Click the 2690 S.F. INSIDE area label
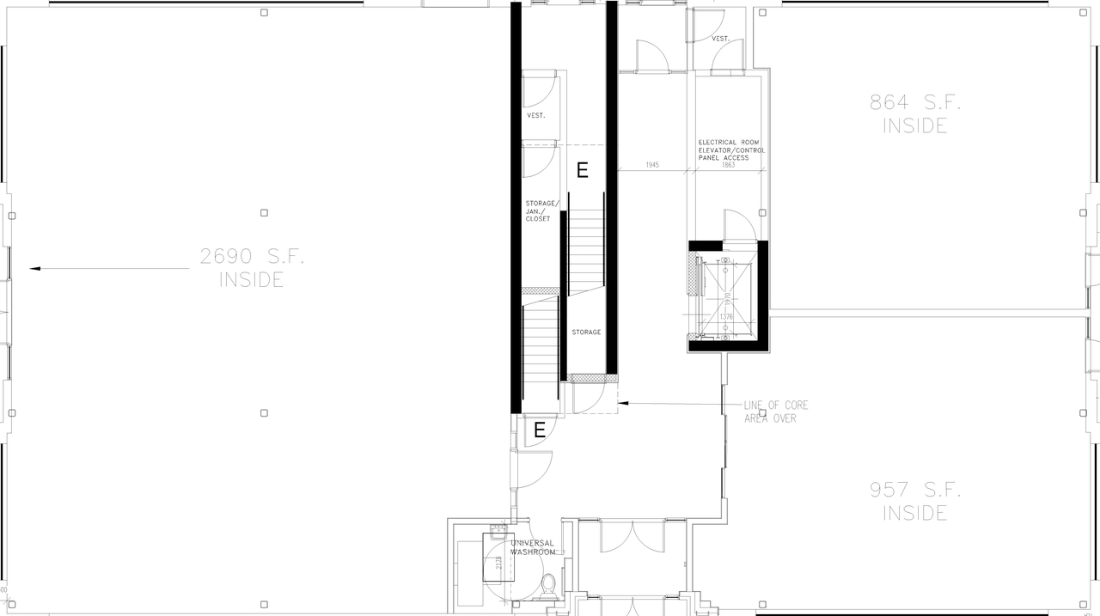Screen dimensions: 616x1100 (253, 267)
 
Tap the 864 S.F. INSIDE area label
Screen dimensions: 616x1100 (914, 114)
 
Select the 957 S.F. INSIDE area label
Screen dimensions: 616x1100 (914, 502)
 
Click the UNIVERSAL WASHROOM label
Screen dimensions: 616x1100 (533, 547)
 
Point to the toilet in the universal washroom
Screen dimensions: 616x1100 (548, 586)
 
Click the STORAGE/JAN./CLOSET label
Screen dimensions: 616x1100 (542, 211)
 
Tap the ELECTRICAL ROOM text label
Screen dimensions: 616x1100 (728, 142)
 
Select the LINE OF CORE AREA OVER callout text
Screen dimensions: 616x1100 (775, 412)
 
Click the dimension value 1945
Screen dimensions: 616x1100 (651, 165)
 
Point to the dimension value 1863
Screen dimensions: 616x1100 (728, 165)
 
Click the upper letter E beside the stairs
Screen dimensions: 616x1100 (583, 170)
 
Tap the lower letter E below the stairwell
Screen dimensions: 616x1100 (540, 430)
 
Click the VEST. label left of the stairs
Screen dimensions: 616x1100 (536, 115)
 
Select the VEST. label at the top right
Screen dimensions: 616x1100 (721, 39)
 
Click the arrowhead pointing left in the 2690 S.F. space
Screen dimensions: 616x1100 (35, 269)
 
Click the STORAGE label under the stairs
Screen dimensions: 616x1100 (586, 332)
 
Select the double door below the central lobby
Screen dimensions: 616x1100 (632, 537)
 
